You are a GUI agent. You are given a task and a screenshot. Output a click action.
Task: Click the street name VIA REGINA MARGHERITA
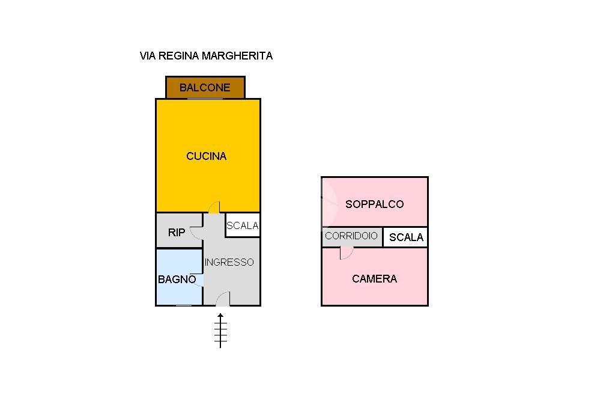tap(206, 56)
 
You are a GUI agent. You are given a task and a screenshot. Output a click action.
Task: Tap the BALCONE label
tap(205, 88)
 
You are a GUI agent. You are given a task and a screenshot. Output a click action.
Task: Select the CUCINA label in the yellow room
tap(207, 156)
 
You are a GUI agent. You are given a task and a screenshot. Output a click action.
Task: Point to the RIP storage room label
tap(177, 233)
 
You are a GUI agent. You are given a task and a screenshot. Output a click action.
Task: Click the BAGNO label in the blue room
tap(177, 279)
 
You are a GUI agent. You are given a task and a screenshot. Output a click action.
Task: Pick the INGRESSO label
tap(229, 262)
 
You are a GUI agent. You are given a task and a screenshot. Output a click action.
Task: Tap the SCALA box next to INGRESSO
tap(243, 225)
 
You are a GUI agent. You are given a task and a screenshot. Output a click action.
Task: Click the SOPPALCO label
tap(375, 204)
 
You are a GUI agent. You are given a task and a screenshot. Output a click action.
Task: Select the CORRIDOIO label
tap(351, 236)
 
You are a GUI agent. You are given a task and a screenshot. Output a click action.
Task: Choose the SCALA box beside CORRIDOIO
tap(405, 237)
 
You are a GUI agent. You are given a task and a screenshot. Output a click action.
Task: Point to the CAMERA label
tap(375, 279)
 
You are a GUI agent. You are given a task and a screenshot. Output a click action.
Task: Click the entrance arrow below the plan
tap(220, 331)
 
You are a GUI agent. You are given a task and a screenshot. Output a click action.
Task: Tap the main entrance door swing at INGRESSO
tap(223, 299)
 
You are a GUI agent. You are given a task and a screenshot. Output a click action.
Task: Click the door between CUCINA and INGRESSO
tap(214, 207)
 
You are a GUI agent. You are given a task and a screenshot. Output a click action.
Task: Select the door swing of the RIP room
tap(196, 233)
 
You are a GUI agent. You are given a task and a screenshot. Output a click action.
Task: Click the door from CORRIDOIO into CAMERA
tap(347, 253)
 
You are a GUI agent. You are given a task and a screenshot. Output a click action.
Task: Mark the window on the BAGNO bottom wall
tap(184, 305)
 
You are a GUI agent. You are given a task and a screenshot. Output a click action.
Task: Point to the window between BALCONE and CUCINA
tap(205, 99)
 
